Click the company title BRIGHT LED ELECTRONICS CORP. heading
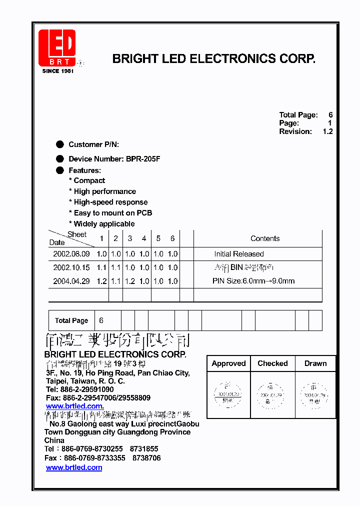click(x=213, y=59)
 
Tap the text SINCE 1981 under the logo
click(x=58, y=71)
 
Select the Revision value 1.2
click(x=327, y=131)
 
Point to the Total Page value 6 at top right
click(x=330, y=115)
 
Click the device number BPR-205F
click(x=142, y=159)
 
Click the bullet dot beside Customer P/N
click(x=60, y=144)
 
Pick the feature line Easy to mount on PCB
click(x=110, y=213)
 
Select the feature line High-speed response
click(x=108, y=202)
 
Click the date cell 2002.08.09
click(x=71, y=254)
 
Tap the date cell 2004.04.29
click(x=71, y=281)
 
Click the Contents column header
click(x=265, y=239)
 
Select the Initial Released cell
click(x=239, y=254)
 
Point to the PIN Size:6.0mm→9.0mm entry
click(x=253, y=281)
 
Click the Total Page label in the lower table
click(x=71, y=320)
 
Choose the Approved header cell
click(x=228, y=363)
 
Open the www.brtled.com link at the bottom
click(x=74, y=467)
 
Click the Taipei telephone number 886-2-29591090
click(x=87, y=389)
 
